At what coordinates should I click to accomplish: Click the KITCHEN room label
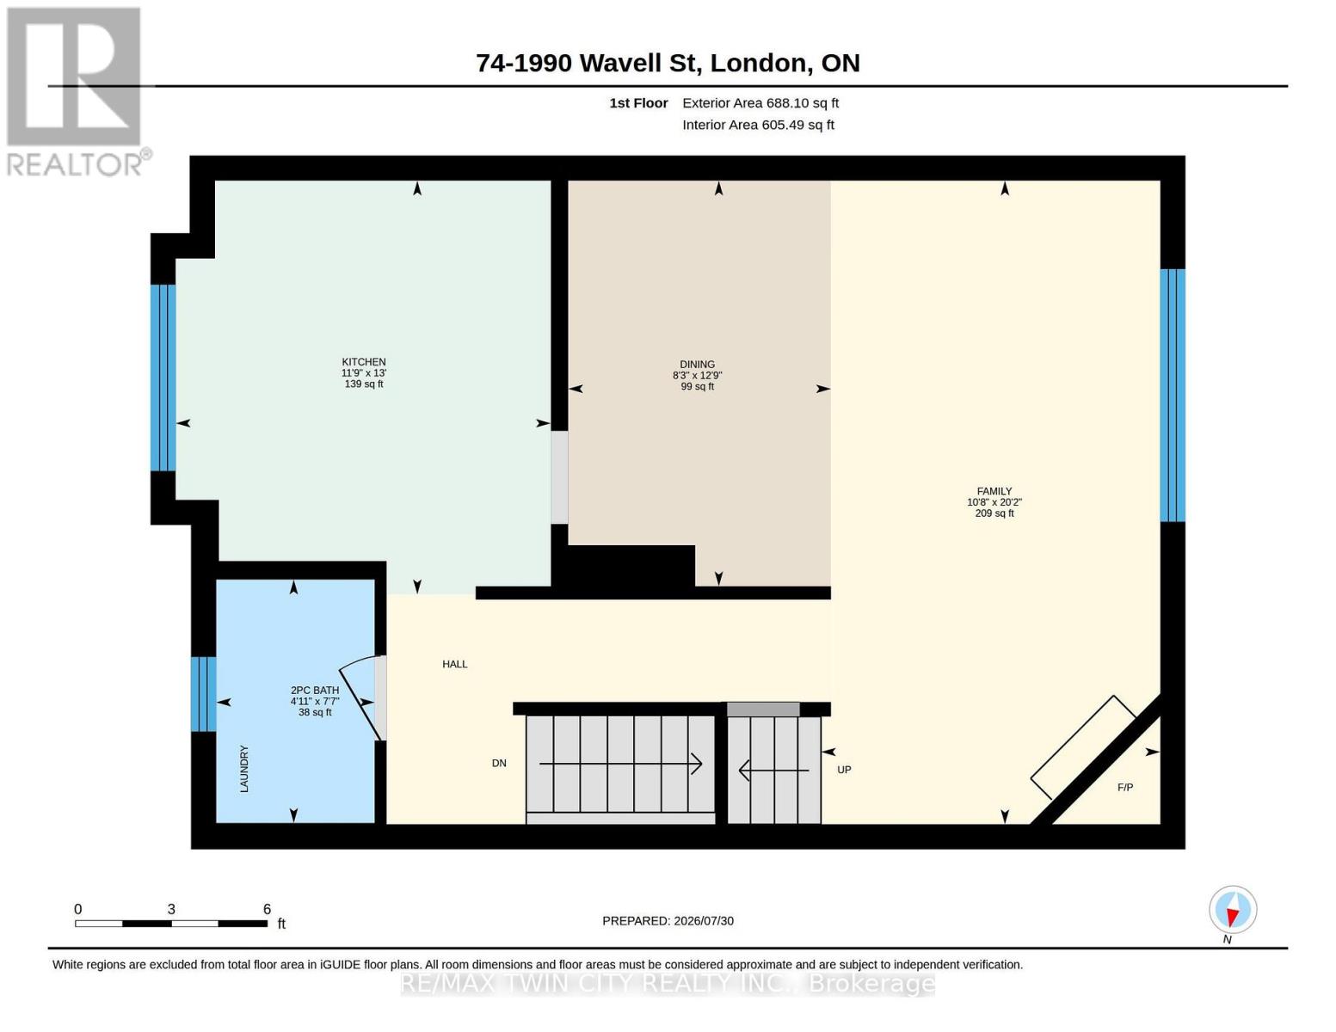(x=363, y=362)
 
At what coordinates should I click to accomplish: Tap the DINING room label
(x=697, y=365)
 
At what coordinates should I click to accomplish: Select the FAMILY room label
(x=994, y=491)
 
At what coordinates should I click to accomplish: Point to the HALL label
(x=455, y=664)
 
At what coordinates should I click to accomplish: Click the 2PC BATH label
(x=315, y=691)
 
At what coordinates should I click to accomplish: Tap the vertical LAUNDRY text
(x=244, y=768)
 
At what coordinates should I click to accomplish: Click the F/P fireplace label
(x=1125, y=788)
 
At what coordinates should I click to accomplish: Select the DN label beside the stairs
(x=499, y=764)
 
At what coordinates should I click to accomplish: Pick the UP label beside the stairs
(x=844, y=770)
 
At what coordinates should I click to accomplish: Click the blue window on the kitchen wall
(x=163, y=378)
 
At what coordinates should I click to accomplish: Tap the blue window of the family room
(x=1173, y=396)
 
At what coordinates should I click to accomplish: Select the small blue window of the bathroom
(x=204, y=694)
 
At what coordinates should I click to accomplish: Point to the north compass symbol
(x=1233, y=910)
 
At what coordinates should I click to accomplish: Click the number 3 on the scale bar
(x=171, y=909)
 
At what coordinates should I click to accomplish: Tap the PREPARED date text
(x=668, y=921)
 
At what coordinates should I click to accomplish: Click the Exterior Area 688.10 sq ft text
(x=760, y=103)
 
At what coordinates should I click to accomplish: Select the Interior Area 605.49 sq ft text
(x=758, y=125)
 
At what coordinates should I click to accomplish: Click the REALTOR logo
(x=77, y=92)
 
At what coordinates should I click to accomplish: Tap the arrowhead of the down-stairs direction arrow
(x=698, y=764)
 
